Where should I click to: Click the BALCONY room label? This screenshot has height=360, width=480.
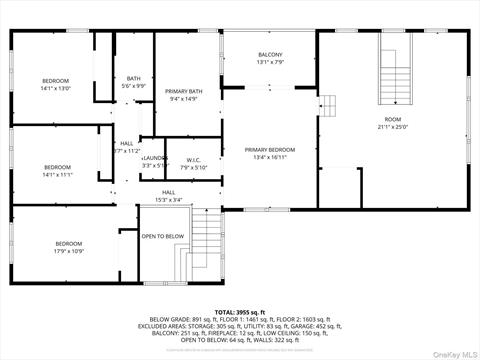click(271, 54)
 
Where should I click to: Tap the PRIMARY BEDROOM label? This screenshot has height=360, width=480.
click(270, 149)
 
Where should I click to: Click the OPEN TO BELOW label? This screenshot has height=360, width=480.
click(162, 237)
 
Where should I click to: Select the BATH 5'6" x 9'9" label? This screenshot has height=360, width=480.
click(134, 79)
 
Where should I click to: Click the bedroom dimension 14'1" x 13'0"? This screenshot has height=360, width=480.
click(55, 88)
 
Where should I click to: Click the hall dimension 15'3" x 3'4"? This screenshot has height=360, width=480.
click(168, 200)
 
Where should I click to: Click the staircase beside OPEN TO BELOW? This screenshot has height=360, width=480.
click(205, 247)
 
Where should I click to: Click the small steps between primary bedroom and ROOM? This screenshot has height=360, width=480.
click(328, 104)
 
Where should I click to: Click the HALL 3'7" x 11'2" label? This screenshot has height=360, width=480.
click(127, 147)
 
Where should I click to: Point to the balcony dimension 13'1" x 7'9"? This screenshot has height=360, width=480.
click(271, 62)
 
